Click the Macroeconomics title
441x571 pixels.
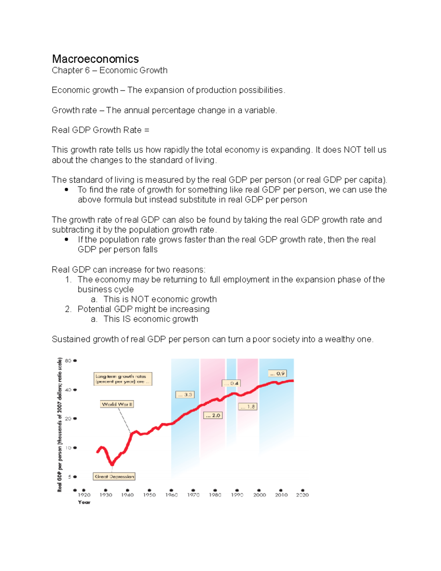(95, 59)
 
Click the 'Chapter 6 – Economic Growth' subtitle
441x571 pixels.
(110, 70)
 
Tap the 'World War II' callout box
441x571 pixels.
(117, 404)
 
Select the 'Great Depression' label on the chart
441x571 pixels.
(114, 477)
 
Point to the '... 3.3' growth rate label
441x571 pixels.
(185, 395)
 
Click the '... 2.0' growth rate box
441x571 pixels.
(213, 415)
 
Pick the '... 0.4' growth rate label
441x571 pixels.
(231, 383)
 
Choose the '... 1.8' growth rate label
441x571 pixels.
(248, 407)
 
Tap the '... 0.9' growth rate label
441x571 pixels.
(277, 373)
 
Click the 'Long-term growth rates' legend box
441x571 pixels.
(123, 379)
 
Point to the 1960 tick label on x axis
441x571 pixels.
(171, 495)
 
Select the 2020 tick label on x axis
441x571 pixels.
(302, 495)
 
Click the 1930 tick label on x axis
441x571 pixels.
(106, 495)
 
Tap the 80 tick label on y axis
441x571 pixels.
(68, 361)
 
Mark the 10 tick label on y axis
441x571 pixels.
(68, 448)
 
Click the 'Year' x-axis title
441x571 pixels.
(84, 502)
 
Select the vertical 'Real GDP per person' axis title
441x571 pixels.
(60, 425)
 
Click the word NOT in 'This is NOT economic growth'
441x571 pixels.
(140, 299)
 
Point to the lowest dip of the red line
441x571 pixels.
(112, 464)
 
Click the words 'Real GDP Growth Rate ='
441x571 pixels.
(100, 130)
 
